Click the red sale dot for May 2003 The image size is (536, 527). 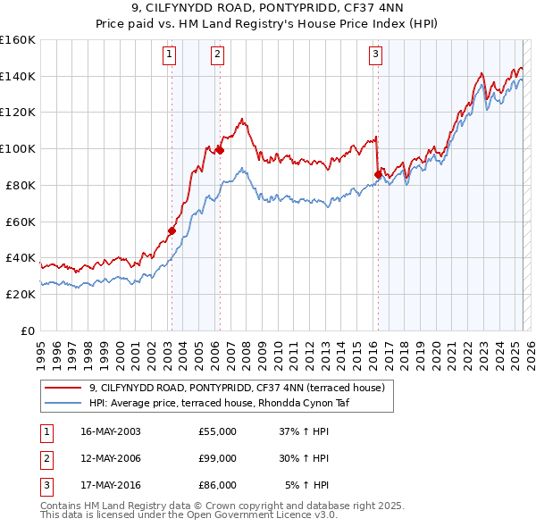(172, 230)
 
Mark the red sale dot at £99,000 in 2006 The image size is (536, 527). (220, 150)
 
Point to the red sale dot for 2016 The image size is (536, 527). (378, 173)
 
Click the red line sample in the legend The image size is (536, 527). (63, 388)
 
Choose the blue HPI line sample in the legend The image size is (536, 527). (63, 403)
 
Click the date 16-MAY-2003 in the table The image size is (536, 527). (110, 431)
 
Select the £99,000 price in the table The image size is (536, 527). (217, 458)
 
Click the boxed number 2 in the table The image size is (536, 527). (46, 458)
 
